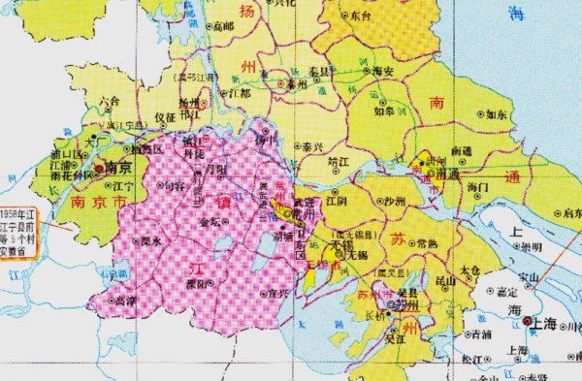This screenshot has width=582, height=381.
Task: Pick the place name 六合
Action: (109, 99)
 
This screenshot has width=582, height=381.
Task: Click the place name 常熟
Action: (424, 242)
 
